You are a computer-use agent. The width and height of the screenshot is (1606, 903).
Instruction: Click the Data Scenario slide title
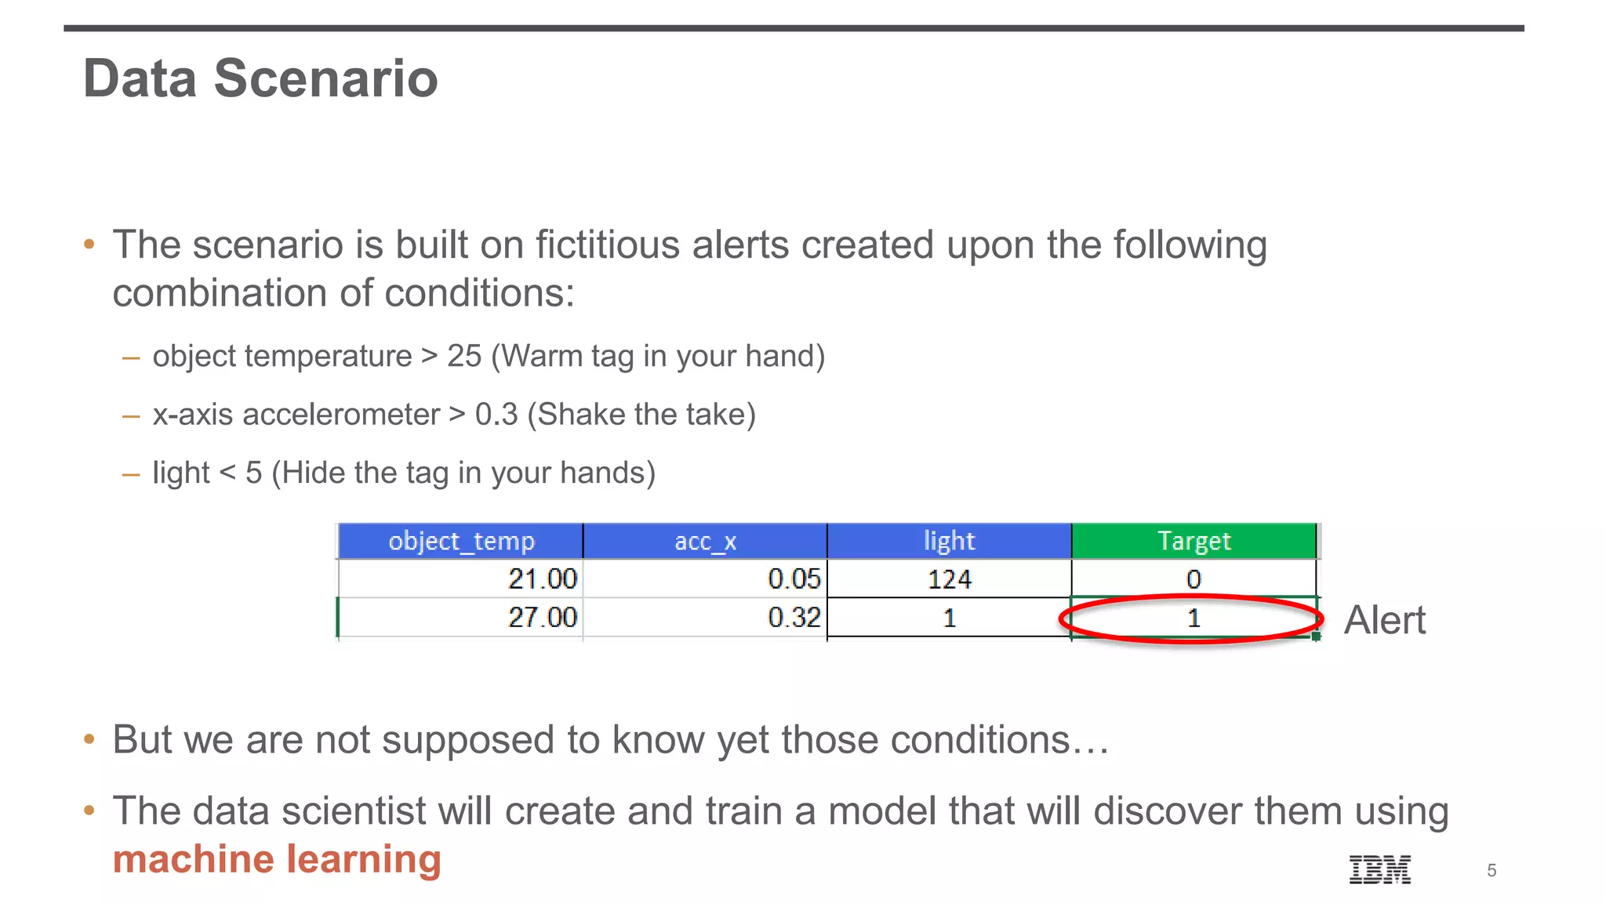click(x=260, y=79)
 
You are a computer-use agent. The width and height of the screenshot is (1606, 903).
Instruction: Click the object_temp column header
click(x=461, y=541)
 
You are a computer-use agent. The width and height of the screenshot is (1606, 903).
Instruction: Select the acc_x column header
click(x=705, y=541)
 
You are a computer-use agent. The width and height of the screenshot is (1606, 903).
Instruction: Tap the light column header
click(x=949, y=541)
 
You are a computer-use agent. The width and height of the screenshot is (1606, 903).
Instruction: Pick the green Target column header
click(x=1194, y=541)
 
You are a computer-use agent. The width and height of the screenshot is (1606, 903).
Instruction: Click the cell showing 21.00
click(x=542, y=579)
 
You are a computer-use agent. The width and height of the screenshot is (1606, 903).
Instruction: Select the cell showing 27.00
click(x=542, y=618)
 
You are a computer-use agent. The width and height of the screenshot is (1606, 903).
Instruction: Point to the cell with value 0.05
click(x=794, y=579)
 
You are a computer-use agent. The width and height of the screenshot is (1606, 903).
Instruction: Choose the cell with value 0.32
click(x=794, y=618)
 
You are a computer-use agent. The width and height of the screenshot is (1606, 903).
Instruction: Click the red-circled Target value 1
click(x=1194, y=618)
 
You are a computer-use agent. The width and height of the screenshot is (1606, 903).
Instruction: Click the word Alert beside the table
click(x=1384, y=621)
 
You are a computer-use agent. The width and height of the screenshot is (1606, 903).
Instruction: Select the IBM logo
click(x=1379, y=869)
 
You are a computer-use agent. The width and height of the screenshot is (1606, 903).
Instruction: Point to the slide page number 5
click(x=1492, y=871)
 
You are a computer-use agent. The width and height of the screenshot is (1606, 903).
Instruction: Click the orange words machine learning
click(x=277, y=859)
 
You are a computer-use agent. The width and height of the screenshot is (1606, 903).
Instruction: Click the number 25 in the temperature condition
click(x=464, y=356)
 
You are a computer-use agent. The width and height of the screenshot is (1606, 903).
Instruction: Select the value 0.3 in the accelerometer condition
click(x=496, y=415)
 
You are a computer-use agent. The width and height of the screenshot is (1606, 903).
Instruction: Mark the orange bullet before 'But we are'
click(x=89, y=739)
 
